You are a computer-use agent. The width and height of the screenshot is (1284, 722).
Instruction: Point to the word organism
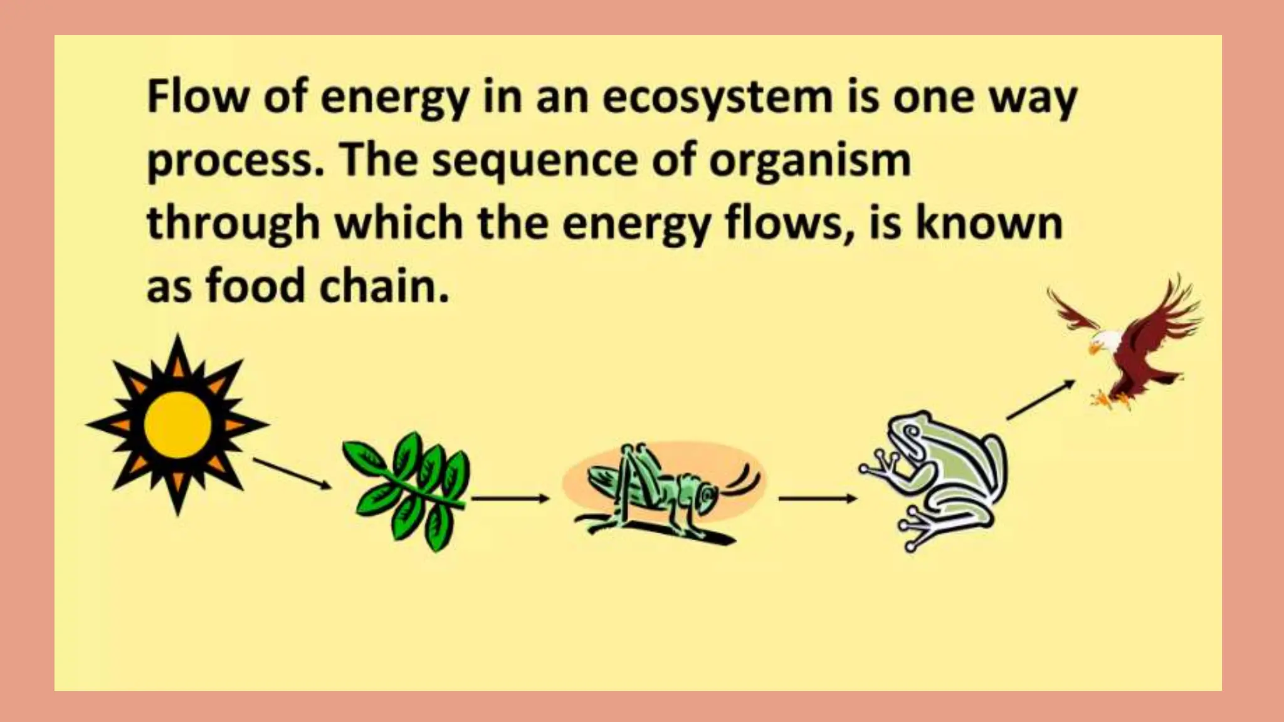809,162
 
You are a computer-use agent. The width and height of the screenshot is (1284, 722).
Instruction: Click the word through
233,224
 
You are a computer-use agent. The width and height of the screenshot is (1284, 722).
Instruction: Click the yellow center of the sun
177,424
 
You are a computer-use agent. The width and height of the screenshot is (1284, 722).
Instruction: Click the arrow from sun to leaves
292,473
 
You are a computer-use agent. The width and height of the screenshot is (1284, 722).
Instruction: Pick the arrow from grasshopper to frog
817,498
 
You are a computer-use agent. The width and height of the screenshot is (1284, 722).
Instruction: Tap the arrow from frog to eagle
1041,399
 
